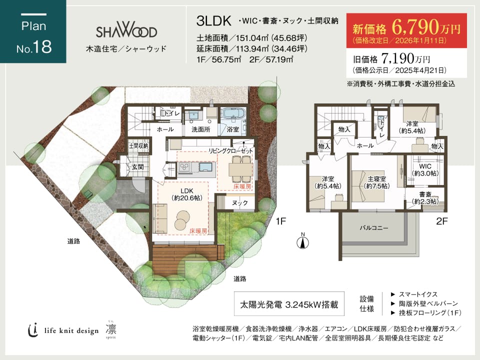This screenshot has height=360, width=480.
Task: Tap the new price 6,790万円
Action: [426, 27]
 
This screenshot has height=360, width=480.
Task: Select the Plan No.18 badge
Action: [33, 31]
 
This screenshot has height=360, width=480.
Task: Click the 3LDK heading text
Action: [213, 21]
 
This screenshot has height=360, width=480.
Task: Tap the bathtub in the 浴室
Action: [233, 113]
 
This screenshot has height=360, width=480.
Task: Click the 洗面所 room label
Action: [201, 129]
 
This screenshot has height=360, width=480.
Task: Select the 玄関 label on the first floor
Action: [138, 167]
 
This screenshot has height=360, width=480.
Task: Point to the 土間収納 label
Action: [138, 146]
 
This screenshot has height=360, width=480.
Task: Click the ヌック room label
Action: [239, 203]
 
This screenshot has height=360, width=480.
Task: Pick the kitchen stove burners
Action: [185, 167]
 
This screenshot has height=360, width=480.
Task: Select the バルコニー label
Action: [374, 228]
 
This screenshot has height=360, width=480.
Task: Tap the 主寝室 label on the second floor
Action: [376, 179]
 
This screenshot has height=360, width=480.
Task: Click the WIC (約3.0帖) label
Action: [425, 170]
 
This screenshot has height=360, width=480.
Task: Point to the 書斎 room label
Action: [425, 194]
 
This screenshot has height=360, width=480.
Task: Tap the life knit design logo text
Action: [71, 330]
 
